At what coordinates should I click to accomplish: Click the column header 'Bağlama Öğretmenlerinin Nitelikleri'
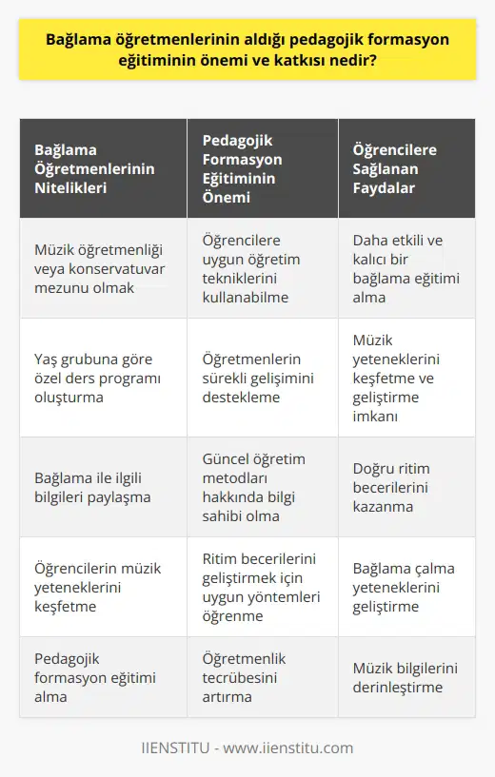pyautogui.click(x=94, y=169)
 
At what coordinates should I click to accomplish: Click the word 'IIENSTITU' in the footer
pyautogui.click(x=209, y=746)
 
